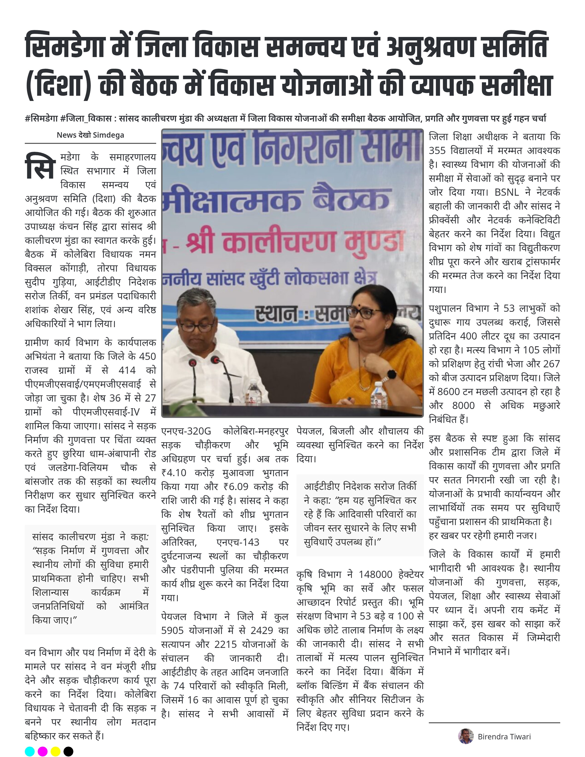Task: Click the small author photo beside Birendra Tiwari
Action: (466, 736)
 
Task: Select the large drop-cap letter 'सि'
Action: (40, 167)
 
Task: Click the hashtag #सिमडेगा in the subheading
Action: (41, 119)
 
